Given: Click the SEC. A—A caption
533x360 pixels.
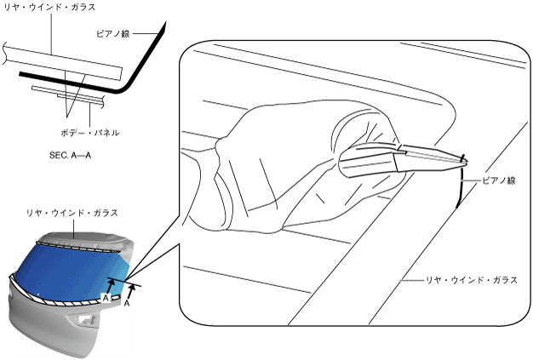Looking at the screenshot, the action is pyautogui.click(x=72, y=157).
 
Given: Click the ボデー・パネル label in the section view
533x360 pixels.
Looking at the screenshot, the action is pyautogui.click(x=89, y=133).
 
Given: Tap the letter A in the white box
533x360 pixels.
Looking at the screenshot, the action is pyautogui.click(x=106, y=298).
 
